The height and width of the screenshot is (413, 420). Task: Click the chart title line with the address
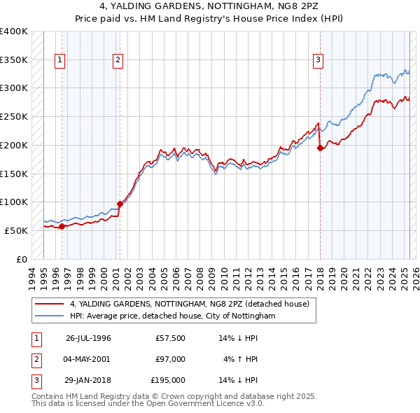point(209,6)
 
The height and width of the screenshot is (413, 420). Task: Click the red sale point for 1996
point(62,226)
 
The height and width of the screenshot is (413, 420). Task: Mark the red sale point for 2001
point(120,204)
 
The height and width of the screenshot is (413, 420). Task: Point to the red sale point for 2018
point(320,148)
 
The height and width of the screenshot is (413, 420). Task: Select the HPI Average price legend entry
point(172,316)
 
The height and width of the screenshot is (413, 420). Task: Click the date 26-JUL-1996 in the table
point(88,338)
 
